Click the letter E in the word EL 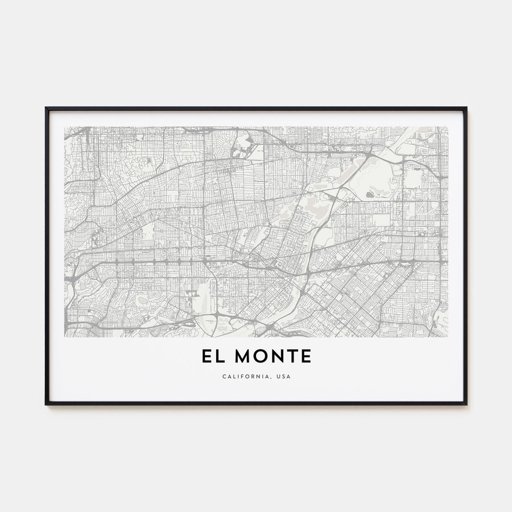click(x=206, y=357)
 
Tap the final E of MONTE click(x=307, y=357)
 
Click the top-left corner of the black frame click(x=46, y=108)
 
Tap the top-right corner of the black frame click(x=466, y=108)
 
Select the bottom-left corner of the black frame click(x=46, y=404)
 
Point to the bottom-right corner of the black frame click(x=466, y=404)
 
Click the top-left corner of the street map click(x=65, y=127)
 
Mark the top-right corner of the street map click(x=448, y=127)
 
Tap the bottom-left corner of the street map click(x=65, y=337)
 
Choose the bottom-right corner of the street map click(x=448, y=337)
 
